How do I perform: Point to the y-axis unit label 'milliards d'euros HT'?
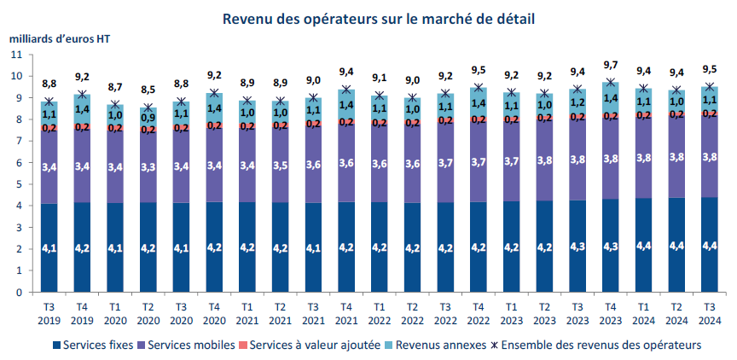click(60, 38)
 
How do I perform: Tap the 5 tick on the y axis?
click(19, 184)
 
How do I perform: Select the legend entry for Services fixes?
click(98, 345)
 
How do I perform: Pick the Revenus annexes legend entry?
click(443, 345)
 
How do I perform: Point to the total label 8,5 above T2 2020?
click(148, 90)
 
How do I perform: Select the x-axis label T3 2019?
click(49, 313)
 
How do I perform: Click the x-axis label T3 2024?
click(710, 313)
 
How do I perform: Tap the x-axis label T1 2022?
click(380, 313)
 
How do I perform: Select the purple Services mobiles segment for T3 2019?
click(49, 167)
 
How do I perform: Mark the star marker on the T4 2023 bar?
click(611, 84)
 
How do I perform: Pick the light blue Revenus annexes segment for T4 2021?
click(346, 105)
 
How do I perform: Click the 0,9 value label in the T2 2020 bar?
click(148, 118)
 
